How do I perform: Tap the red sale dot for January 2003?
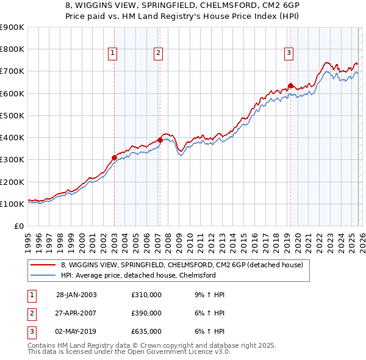point(114,157)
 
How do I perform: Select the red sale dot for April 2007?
point(160,140)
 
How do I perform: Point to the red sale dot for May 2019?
point(290,85)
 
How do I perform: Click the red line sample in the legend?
point(43,265)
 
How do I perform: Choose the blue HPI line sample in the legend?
point(43,275)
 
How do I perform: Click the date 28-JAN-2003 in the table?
point(76,295)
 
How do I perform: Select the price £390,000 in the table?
point(146,313)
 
